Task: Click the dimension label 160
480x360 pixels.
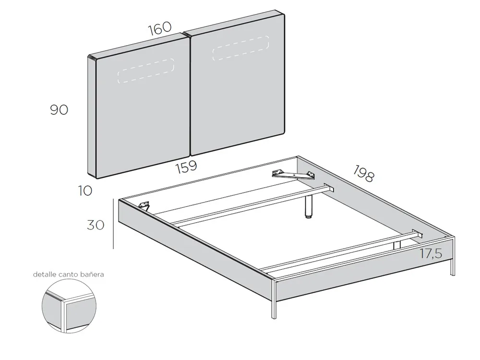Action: tap(159, 28)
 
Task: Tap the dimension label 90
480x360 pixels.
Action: tap(59, 110)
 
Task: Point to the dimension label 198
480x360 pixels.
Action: tap(363, 174)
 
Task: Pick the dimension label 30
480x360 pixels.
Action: tap(96, 225)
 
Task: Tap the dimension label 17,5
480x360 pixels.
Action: tap(431, 254)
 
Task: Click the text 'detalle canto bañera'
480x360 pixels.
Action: tap(68, 275)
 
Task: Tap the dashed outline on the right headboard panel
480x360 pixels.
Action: tap(240, 48)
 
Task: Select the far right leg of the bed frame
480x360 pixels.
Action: tap(452, 264)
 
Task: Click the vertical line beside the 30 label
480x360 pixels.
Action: tap(113, 224)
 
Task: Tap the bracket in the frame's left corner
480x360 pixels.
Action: tap(144, 205)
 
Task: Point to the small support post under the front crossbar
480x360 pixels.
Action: tap(396, 244)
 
